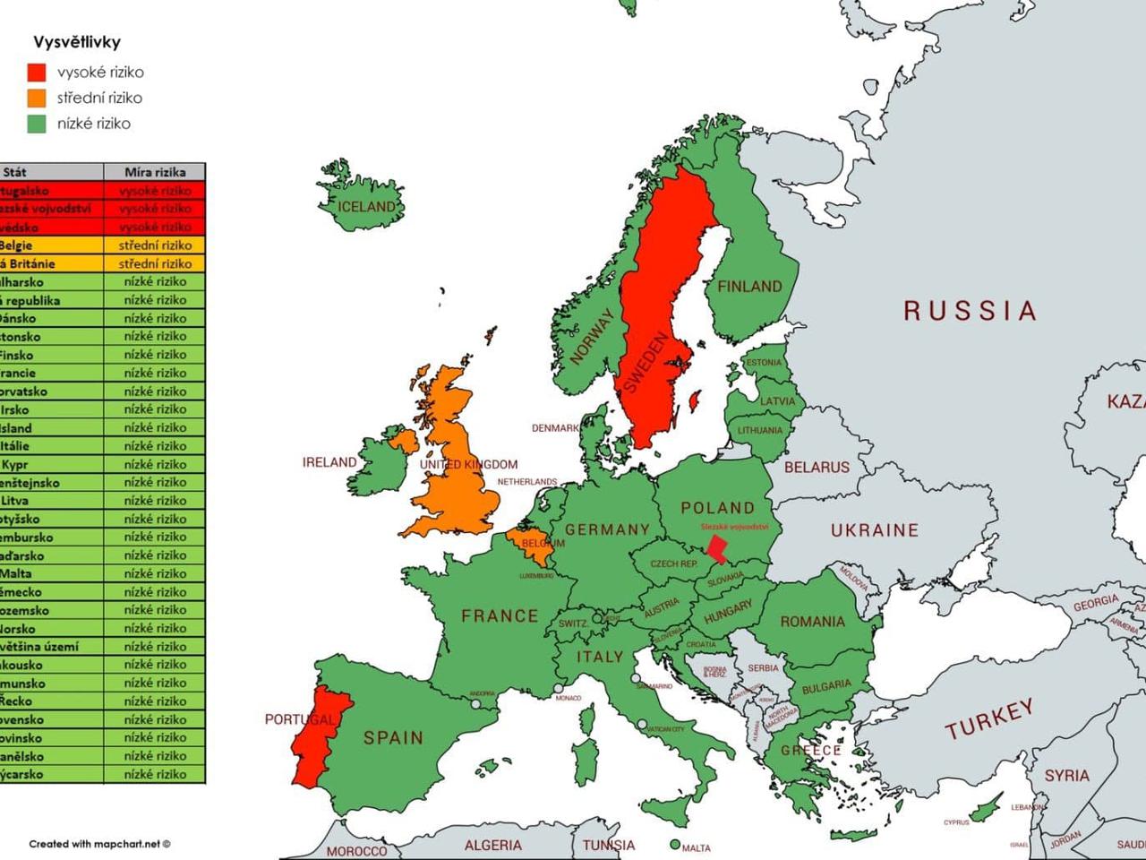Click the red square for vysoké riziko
click(x=37, y=73)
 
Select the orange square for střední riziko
click(x=37, y=98)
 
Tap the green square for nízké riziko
click(x=37, y=124)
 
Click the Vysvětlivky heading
click(x=77, y=42)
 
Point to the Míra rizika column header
click(x=155, y=172)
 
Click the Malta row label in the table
click(x=16, y=573)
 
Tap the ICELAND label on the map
click(x=366, y=207)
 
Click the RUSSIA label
click(x=971, y=311)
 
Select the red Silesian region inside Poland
click(x=717, y=548)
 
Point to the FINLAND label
click(x=749, y=287)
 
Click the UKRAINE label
click(x=874, y=530)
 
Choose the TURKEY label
click(x=989, y=718)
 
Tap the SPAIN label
click(x=393, y=737)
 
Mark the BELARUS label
click(x=817, y=467)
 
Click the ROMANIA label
click(x=812, y=621)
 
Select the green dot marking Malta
click(x=674, y=845)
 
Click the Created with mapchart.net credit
click(x=99, y=844)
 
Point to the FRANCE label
click(x=500, y=615)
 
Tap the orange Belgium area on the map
click(x=526, y=543)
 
